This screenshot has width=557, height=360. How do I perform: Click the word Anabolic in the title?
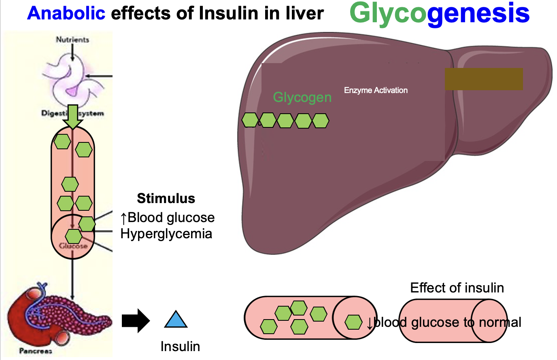pos(66,13)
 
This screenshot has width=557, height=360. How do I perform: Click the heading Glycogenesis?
pos(439,13)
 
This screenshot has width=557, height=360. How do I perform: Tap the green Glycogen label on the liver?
pos(302,97)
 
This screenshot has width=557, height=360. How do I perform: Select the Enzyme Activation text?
pos(376,90)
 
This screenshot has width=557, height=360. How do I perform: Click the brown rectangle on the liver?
pos(484,79)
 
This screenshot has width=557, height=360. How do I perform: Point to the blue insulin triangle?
pos(176,320)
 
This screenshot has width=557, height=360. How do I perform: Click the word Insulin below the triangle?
pos(180,346)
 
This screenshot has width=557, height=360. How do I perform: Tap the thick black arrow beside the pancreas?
pos(136,321)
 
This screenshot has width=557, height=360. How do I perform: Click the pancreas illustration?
pos(57,316)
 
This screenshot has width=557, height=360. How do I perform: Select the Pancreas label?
pos(36,351)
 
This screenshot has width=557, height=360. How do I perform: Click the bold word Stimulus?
pos(166,198)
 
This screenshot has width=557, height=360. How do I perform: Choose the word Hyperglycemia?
pos(166,234)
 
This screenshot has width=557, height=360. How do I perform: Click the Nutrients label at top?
pos(72,40)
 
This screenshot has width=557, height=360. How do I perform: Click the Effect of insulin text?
pos(457,288)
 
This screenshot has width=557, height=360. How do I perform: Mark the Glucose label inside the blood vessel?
pos(73,246)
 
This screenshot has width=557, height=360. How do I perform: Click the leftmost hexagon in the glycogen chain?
pos(250,120)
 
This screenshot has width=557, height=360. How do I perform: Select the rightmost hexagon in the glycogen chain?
pos(321,121)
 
